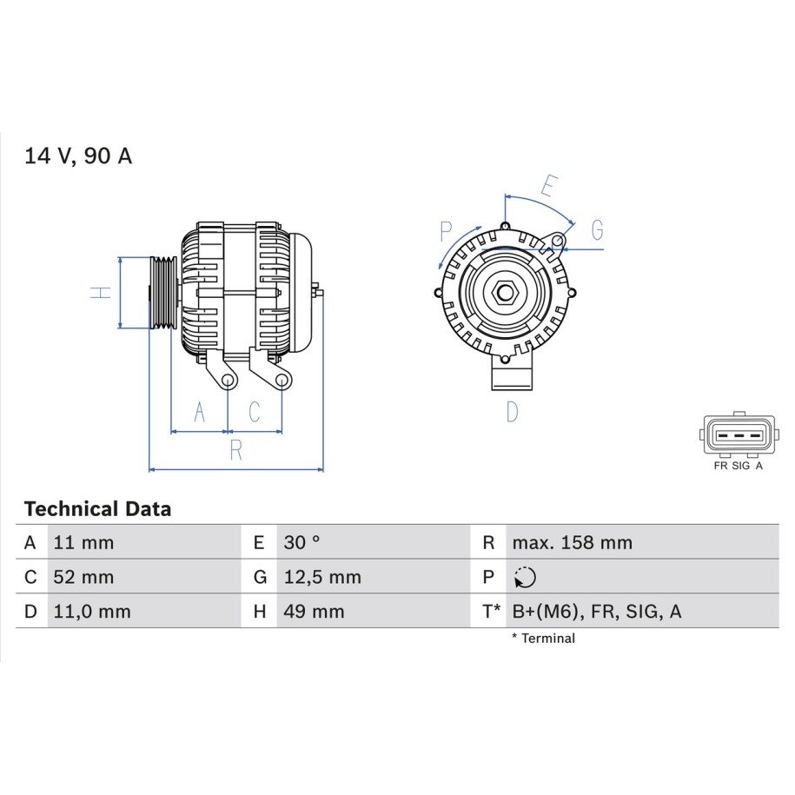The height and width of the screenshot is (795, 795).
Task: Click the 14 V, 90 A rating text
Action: (x=78, y=156)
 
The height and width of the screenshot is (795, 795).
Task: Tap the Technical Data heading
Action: (x=97, y=508)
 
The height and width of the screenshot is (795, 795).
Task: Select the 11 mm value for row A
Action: (x=83, y=542)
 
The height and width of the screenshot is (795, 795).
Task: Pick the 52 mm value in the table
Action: (x=83, y=577)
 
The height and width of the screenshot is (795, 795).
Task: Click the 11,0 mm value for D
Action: (x=92, y=612)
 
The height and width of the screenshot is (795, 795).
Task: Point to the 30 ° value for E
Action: (x=301, y=542)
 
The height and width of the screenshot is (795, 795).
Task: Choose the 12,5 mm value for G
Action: (x=322, y=577)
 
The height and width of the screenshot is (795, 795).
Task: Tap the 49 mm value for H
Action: (x=314, y=612)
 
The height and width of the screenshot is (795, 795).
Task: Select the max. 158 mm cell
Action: (x=573, y=542)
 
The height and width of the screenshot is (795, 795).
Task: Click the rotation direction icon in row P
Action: (x=525, y=577)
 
